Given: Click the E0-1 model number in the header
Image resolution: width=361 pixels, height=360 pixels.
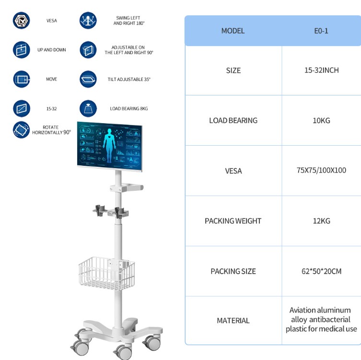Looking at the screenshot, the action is [321, 31].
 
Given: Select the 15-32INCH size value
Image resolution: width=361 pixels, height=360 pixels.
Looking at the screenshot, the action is [321, 70].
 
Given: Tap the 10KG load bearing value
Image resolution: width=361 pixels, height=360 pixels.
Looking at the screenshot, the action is [321, 120].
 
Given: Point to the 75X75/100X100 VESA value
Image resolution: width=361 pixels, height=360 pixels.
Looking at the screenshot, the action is [321, 170].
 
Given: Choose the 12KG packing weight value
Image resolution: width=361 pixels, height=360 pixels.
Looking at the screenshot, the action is [321, 221].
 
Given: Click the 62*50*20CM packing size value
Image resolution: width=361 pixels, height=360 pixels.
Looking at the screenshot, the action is [321, 271].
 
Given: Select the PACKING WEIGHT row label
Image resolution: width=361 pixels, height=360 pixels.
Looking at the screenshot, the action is [233, 221].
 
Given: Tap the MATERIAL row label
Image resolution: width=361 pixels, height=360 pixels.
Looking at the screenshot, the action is [233, 320].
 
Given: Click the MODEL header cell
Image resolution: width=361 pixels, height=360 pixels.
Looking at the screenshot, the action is [233, 31].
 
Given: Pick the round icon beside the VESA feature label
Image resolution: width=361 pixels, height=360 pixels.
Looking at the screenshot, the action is [21, 21].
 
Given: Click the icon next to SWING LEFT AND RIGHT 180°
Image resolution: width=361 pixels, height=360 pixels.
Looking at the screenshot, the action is [88, 21].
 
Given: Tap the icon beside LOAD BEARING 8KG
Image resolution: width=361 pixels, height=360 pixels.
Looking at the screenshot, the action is [88, 108].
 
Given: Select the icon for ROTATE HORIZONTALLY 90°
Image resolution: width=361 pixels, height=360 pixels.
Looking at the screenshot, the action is [21, 130].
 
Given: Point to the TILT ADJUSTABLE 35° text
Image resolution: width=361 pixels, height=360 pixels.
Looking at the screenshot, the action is [129, 80].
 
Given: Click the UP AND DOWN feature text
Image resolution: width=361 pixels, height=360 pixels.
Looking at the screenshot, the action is [52, 50].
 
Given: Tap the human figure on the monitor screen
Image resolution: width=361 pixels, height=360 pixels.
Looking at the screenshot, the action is [109, 145].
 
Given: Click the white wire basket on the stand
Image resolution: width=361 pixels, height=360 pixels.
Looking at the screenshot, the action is [106, 273].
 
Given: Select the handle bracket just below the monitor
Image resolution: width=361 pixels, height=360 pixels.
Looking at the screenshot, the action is [127, 187].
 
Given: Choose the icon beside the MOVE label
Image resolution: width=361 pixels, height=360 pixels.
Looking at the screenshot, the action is [21, 79].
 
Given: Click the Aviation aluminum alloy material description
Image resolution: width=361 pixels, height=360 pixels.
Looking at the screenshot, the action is [321, 319].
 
